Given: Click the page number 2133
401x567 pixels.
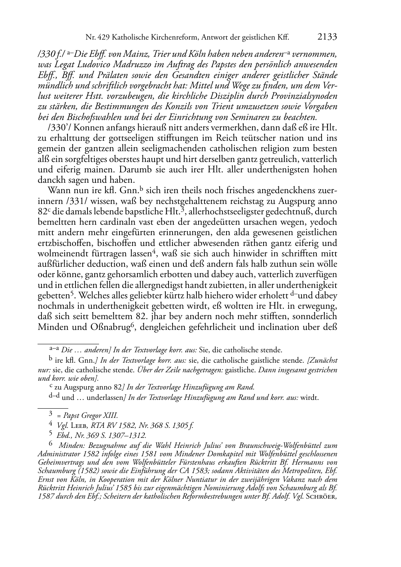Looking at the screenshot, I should (327, 37).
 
